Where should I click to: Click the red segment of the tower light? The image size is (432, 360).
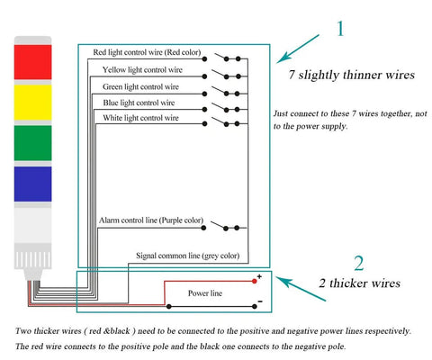point(32,62)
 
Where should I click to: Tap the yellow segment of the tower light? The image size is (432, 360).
point(32,103)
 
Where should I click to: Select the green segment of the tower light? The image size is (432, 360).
point(32,143)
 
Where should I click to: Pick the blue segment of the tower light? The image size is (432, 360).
point(32,184)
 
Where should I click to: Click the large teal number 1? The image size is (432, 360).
point(340,29)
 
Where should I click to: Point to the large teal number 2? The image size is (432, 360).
point(359,263)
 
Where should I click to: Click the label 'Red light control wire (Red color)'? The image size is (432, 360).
point(147,52)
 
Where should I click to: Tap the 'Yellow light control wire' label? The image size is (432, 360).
point(142,69)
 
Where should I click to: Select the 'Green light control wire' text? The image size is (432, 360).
point(140,86)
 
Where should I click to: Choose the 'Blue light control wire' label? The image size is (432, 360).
point(139,103)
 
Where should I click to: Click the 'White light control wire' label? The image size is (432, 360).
point(140,118)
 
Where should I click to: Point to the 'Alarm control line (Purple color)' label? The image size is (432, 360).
point(151,220)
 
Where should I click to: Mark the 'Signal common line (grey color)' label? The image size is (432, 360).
point(188,256)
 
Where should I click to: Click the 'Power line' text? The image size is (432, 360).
point(205,293)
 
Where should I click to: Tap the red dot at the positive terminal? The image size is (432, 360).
point(255,282)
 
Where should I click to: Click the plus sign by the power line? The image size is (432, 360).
point(259,276)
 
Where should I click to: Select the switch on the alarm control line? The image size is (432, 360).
point(225,226)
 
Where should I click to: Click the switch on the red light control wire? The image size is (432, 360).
point(228,57)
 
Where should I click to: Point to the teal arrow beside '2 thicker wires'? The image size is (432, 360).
point(301,289)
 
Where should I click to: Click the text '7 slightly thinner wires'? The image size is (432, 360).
point(351,75)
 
